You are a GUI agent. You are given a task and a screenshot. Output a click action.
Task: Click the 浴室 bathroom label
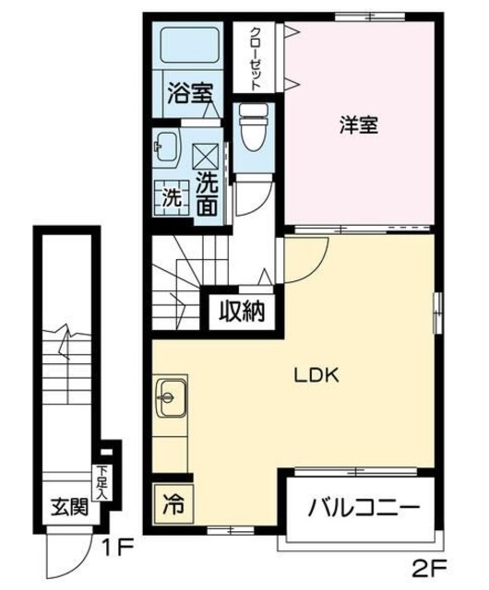(191, 93)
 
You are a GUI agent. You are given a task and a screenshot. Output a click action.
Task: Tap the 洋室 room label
(358, 127)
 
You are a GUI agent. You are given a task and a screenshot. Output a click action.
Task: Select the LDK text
(318, 375)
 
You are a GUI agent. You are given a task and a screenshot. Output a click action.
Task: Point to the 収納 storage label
(242, 313)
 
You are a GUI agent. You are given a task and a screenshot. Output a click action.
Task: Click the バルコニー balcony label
(364, 508)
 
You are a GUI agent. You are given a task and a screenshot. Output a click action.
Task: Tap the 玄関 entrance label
(69, 506)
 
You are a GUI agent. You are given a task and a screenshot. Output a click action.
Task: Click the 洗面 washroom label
(208, 194)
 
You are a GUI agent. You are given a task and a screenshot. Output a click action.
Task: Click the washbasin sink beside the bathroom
(166, 146)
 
